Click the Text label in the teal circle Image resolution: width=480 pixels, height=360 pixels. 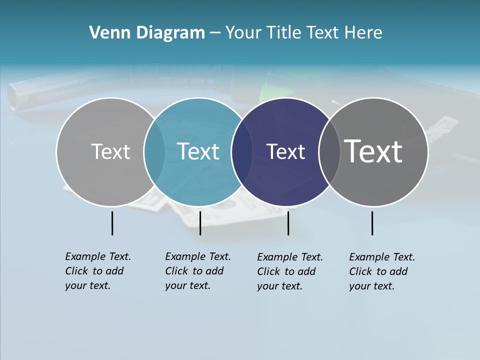[198, 151]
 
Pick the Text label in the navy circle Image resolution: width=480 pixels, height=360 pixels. [285, 151]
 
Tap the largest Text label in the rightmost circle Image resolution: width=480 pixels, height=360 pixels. [373, 151]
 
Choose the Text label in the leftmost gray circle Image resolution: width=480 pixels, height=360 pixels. [110, 151]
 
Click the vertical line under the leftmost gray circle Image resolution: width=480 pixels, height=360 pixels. [112, 223]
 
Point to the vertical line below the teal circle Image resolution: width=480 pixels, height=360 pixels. [200, 223]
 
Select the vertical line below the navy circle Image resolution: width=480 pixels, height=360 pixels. [288, 223]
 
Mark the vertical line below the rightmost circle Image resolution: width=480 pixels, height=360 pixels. [372, 223]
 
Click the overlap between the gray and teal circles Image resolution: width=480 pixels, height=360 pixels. [154, 152]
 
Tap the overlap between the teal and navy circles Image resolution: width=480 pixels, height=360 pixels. [242, 152]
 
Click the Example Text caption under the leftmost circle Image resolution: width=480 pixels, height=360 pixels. [97, 270]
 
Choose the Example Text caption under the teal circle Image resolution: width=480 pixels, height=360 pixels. [197, 270]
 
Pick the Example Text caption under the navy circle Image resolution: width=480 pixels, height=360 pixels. [289, 271]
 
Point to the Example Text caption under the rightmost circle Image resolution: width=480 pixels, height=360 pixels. [381, 271]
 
